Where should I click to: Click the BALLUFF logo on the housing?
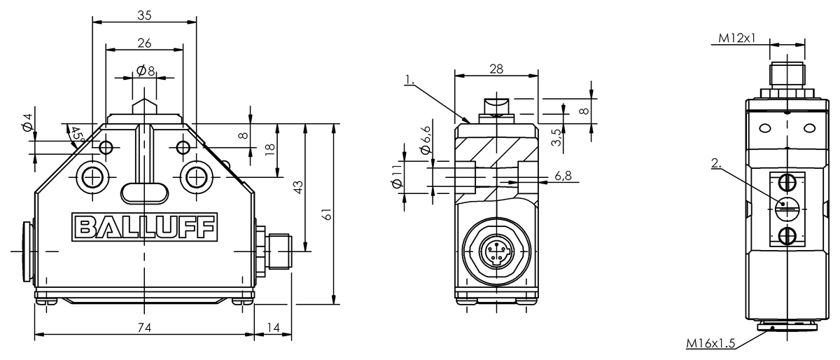(144, 227)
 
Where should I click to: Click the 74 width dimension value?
(144, 327)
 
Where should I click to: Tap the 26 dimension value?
(144, 43)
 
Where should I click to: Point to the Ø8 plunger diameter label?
(144, 71)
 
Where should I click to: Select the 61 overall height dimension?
(327, 214)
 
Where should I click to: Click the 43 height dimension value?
(297, 188)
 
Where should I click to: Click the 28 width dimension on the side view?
(496, 68)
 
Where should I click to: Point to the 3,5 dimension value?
(556, 137)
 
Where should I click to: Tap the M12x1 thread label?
(737, 38)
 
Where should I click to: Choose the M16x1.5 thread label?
(710, 343)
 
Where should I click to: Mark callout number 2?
(715, 163)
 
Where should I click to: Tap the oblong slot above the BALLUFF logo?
(144, 191)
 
